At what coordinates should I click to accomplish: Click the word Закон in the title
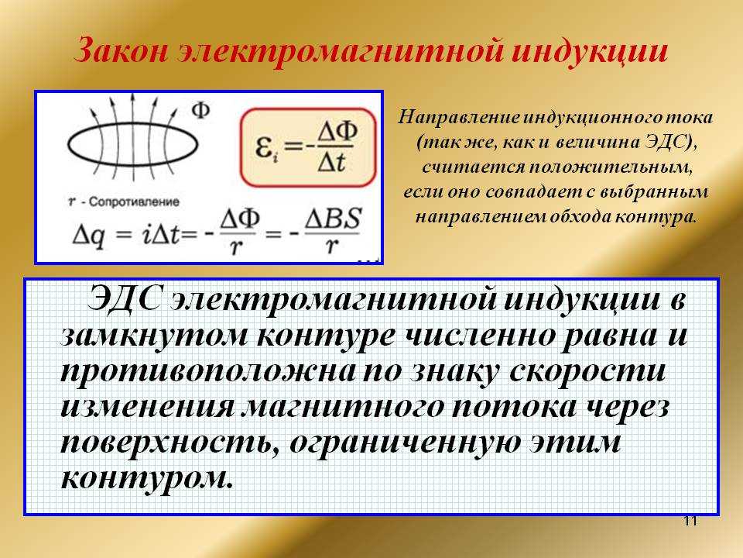[122, 50]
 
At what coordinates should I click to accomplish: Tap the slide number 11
[691, 521]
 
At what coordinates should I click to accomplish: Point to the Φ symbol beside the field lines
[200, 111]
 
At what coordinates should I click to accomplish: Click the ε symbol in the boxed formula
[263, 146]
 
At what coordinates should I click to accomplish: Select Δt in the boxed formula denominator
[331, 162]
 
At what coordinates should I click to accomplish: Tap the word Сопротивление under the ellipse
[134, 201]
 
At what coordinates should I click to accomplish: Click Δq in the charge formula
[88, 236]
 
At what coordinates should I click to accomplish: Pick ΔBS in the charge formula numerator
[333, 219]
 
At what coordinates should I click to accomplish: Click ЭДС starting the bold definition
[123, 299]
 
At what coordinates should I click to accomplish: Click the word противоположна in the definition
[208, 371]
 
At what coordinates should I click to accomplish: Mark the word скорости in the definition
[587, 370]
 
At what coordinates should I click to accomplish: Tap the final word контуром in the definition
[147, 478]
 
